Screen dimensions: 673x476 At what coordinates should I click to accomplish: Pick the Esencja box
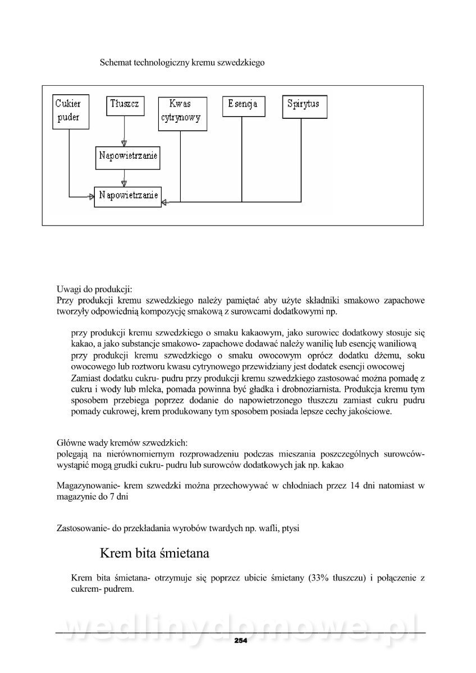(242, 104)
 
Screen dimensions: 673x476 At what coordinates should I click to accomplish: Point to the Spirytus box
(303, 105)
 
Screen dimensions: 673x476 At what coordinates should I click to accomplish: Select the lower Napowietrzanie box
(128, 196)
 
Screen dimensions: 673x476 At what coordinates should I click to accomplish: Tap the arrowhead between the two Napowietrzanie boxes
(125, 183)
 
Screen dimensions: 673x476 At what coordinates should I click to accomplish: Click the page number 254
(240, 640)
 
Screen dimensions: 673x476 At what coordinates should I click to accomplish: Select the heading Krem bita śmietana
(154, 554)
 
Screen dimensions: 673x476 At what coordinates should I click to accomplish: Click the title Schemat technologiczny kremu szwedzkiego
(182, 63)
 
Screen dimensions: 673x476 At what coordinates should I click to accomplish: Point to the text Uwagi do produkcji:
(94, 289)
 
